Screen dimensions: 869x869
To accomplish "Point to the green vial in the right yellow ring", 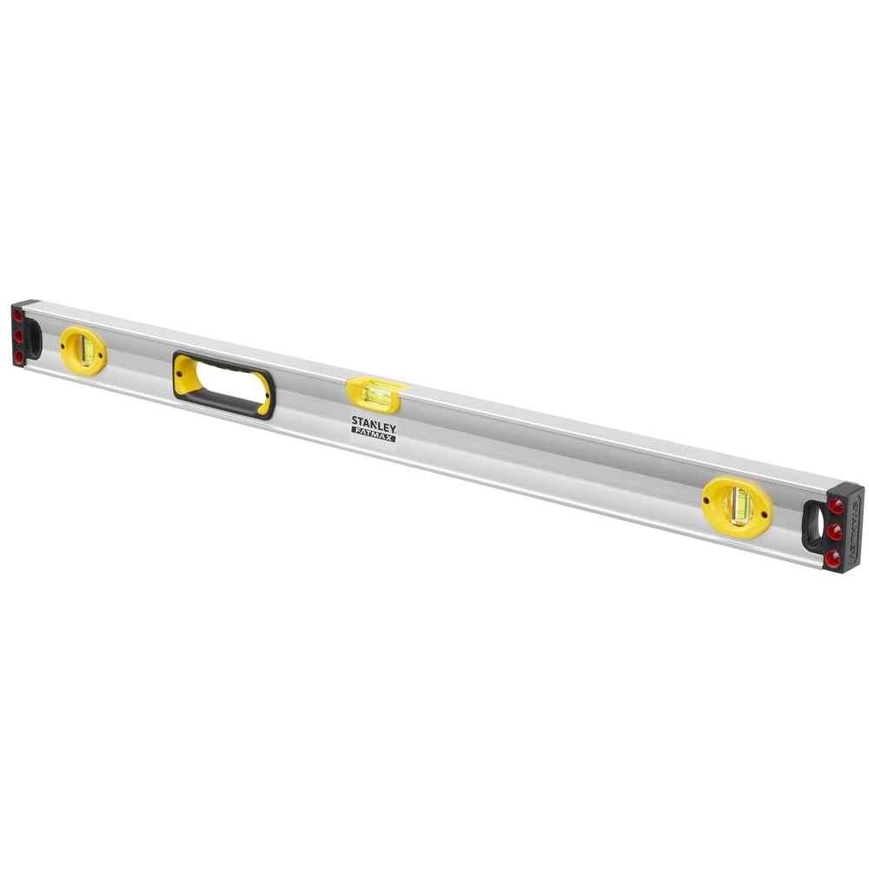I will (x=740, y=506).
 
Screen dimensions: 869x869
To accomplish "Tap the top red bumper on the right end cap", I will (x=835, y=505).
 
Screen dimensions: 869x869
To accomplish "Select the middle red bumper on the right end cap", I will (x=834, y=531).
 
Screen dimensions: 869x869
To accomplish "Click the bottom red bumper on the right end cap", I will (x=833, y=557).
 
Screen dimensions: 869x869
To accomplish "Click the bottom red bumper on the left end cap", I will (x=18, y=356).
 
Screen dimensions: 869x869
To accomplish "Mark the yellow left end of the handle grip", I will (x=185, y=375).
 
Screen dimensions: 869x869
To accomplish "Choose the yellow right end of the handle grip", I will (x=264, y=395).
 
